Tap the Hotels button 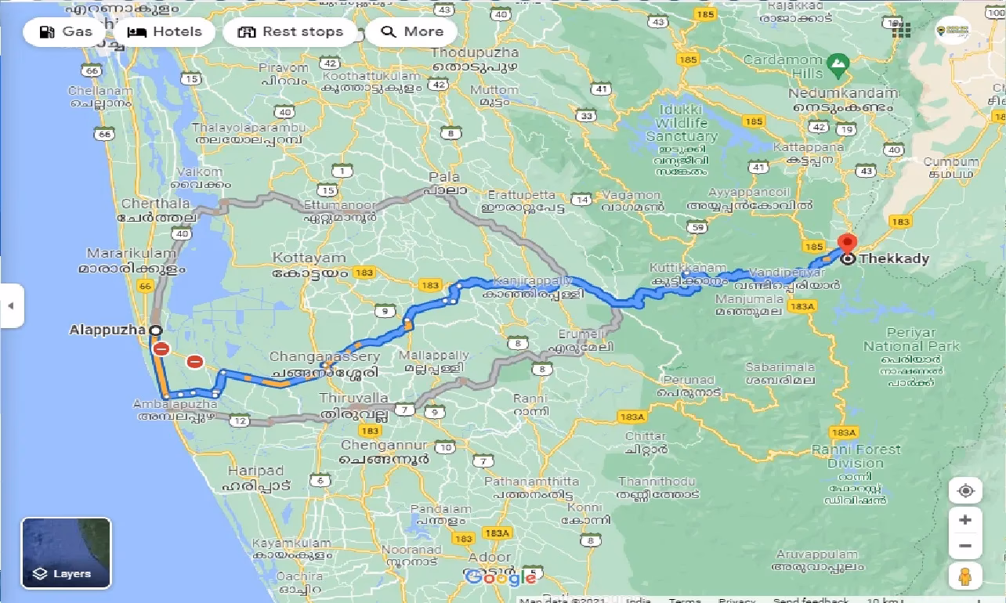(165, 32)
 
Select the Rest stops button (291, 32)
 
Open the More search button (412, 32)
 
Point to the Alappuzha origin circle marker (155, 330)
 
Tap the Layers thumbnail (66, 553)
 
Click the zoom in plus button (965, 520)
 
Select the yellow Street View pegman (965, 576)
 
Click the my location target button (965, 491)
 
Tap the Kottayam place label (309, 258)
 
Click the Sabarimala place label (780, 366)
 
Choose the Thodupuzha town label (475, 52)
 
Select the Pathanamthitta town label (532, 481)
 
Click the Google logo (501, 577)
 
